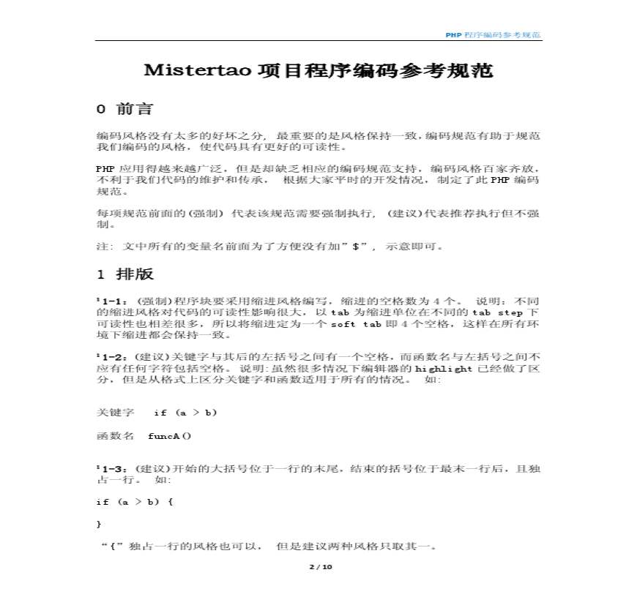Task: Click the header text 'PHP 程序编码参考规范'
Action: point(493,35)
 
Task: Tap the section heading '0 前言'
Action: point(125,110)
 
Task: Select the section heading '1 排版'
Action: point(125,274)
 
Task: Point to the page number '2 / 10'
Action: point(320,567)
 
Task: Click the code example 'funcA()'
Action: point(169,436)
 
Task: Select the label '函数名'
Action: point(115,436)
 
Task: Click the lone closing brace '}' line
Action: point(99,525)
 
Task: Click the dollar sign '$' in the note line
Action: point(355,247)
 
